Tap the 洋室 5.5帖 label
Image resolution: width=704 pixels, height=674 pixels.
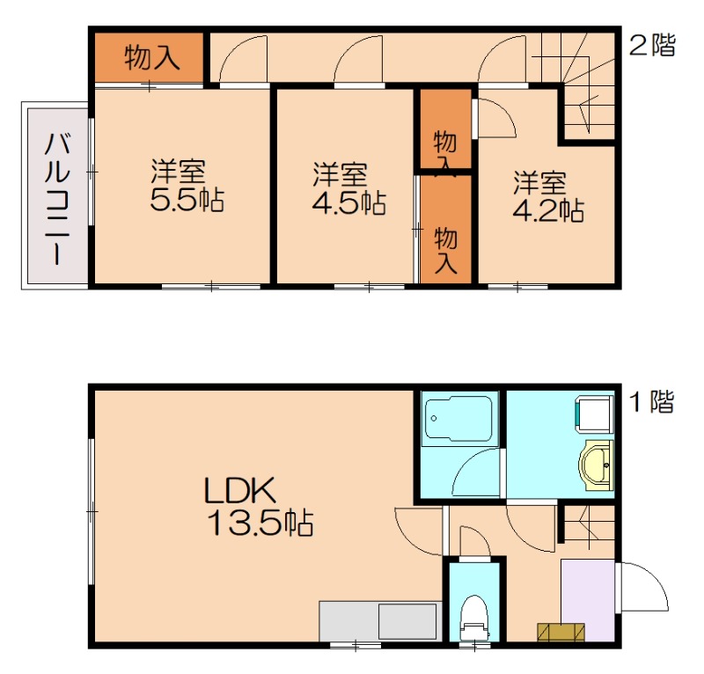[186, 186]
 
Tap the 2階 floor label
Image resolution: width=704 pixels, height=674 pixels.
[651, 45]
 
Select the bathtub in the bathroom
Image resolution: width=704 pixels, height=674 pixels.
[458, 421]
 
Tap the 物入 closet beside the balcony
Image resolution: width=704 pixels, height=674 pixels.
[150, 58]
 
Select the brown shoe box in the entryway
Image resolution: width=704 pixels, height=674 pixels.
[561, 631]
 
